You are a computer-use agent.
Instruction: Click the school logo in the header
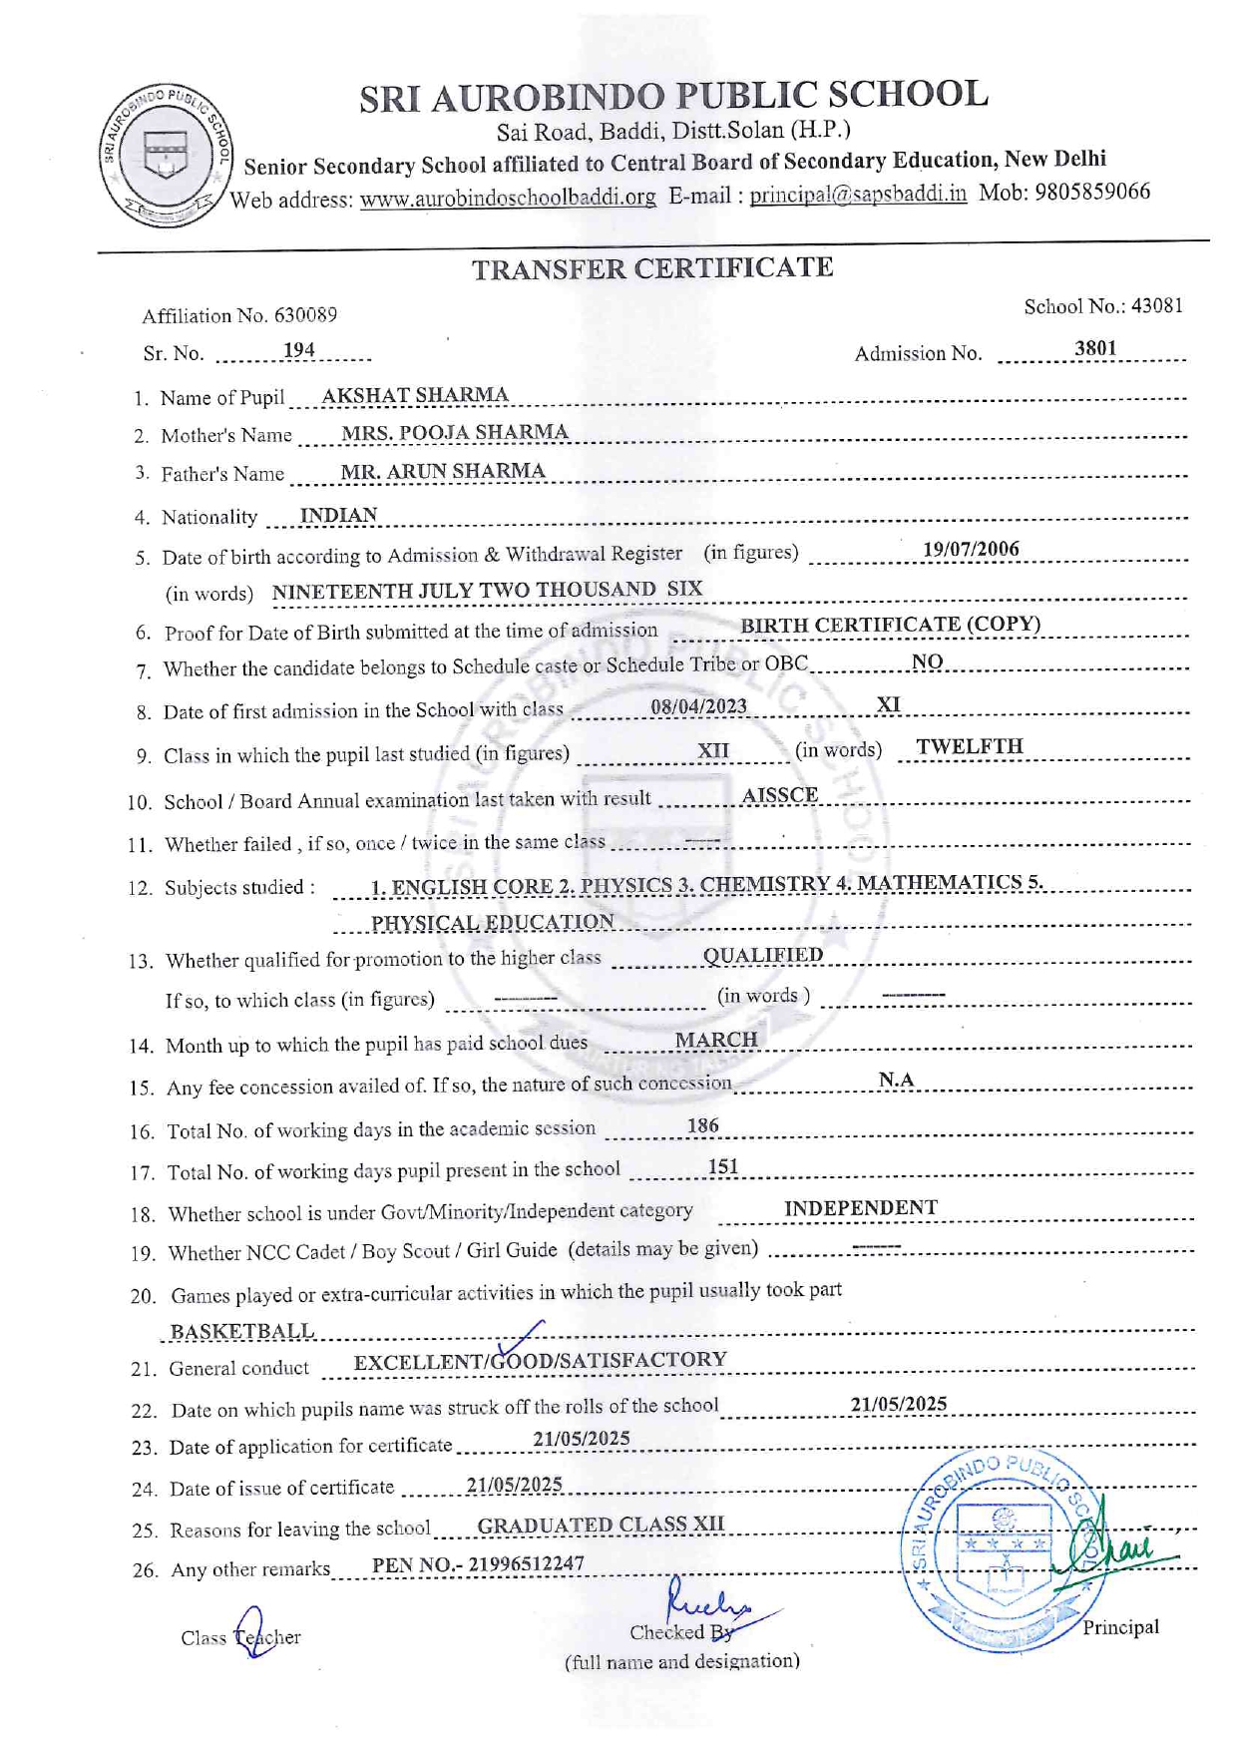tap(166, 155)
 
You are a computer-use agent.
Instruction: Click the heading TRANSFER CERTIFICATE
tap(651, 268)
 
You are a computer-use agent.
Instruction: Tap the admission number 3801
tap(1095, 348)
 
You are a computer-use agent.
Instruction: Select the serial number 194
tap(299, 350)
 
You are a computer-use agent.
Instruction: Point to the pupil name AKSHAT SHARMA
tap(415, 395)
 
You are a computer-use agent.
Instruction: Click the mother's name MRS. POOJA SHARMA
tap(455, 432)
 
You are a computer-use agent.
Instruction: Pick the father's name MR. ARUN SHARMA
tap(443, 471)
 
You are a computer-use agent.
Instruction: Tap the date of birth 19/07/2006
tap(971, 549)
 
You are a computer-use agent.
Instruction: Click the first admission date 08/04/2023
tap(698, 706)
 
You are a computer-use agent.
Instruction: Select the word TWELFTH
tap(970, 746)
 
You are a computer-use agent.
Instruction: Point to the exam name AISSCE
tap(780, 795)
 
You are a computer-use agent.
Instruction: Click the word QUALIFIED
tap(763, 955)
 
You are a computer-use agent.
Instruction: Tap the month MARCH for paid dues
tap(716, 1040)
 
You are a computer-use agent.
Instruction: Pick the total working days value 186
tap(702, 1125)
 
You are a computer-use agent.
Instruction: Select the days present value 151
tap(723, 1166)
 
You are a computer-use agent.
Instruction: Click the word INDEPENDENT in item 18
tap(860, 1208)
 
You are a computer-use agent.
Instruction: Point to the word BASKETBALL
tap(242, 1332)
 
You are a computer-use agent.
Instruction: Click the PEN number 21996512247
tap(526, 1563)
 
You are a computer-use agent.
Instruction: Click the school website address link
tap(508, 198)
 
